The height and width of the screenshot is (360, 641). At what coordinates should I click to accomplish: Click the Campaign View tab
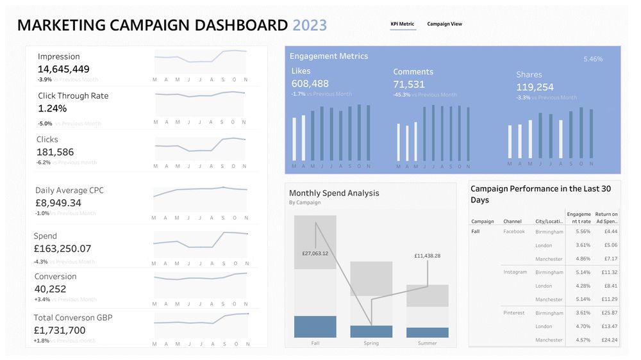[x=444, y=24]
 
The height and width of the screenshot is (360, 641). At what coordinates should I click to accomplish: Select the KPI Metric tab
[x=403, y=24]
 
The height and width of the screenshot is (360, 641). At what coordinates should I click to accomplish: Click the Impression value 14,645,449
[x=63, y=69]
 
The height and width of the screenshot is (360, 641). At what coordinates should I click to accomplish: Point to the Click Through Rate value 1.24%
[x=52, y=108]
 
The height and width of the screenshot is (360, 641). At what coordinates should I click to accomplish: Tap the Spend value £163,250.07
[x=62, y=249]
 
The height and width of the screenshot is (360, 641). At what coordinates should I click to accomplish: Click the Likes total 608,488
[x=310, y=84]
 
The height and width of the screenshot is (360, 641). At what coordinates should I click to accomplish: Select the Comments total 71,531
[x=409, y=85]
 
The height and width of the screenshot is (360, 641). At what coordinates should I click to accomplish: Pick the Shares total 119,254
[x=535, y=87]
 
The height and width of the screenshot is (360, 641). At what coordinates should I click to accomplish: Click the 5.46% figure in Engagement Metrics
[x=593, y=59]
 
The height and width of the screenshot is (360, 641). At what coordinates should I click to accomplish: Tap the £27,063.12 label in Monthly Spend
[x=315, y=254]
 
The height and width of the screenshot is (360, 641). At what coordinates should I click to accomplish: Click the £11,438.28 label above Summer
[x=428, y=256]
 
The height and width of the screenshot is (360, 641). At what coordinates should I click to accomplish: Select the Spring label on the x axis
[x=371, y=343]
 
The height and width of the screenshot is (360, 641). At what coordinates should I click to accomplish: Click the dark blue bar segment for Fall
[x=315, y=327]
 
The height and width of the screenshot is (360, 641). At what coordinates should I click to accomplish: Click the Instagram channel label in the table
[x=515, y=272]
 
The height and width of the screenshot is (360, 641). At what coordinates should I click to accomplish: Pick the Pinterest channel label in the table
[x=514, y=313]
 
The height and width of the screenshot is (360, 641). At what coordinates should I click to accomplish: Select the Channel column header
[x=512, y=222]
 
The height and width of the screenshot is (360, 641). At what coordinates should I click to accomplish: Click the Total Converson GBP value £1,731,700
[x=60, y=331]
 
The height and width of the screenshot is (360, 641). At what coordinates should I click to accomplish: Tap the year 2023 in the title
[x=310, y=26]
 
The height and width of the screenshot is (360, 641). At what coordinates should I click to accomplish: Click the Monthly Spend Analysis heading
[x=334, y=193]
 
